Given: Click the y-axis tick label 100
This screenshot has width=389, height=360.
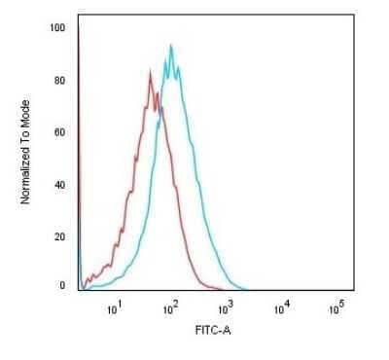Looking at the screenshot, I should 57,28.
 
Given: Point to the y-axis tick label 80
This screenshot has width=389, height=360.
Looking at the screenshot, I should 59,80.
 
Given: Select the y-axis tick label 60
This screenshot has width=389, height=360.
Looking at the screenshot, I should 59,131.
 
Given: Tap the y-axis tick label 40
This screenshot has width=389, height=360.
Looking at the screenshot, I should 59,184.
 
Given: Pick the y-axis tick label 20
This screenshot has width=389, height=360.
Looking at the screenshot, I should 59,235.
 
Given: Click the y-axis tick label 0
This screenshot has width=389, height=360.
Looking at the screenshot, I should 62,286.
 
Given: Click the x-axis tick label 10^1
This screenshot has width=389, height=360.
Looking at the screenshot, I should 115,308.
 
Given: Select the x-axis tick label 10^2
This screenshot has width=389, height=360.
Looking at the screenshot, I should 171,308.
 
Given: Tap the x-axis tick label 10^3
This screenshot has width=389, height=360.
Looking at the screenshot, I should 227,308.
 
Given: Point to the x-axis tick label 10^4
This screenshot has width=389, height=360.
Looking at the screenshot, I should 282,308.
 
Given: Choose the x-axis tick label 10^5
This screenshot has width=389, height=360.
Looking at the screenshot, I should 337,308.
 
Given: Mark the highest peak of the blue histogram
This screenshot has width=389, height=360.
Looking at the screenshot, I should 171,45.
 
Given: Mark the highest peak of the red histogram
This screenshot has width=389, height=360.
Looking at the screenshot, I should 150,69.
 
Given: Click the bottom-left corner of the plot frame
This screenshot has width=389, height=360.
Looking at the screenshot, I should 77,291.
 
